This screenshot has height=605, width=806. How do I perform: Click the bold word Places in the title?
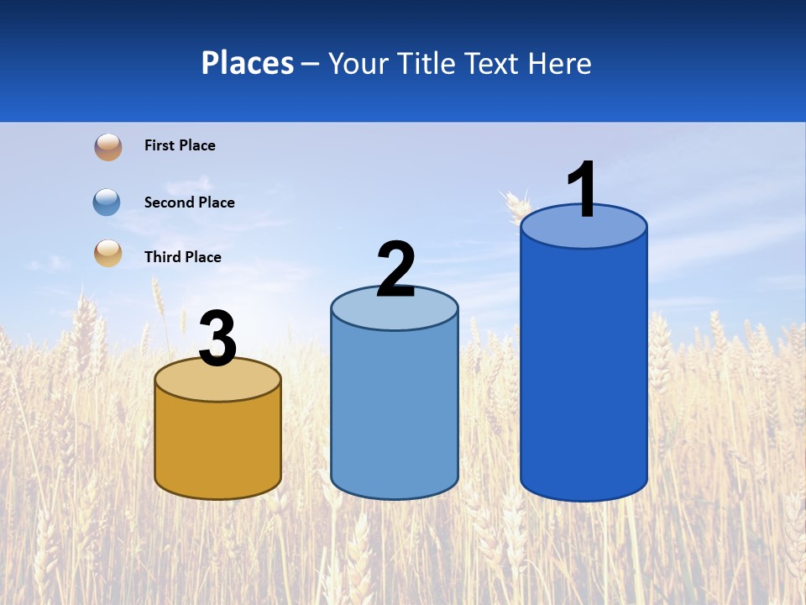(248, 63)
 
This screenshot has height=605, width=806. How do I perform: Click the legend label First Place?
(180, 145)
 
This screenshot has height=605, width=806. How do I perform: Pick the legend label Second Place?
(189, 203)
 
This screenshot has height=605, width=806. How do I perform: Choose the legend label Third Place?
(182, 257)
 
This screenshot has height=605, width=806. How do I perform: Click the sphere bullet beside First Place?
(107, 147)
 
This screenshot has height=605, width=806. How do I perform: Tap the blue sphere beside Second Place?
(107, 202)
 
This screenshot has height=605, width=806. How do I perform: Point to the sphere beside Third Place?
(107, 253)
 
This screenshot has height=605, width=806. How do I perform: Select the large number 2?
(395, 270)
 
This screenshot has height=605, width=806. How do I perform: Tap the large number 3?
(217, 339)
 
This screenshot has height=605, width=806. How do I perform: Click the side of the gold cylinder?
(218, 445)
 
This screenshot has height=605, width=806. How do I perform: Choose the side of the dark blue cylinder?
(584, 370)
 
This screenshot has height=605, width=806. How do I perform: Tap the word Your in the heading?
(358, 63)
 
